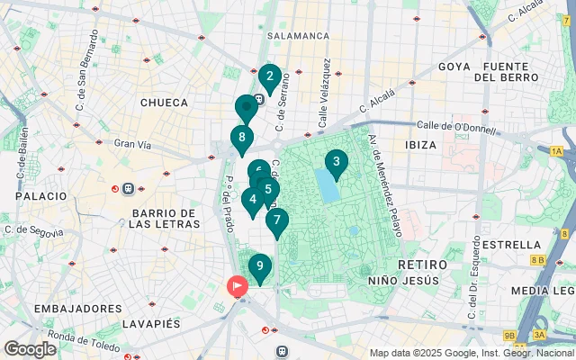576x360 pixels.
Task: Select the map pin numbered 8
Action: click(x=241, y=139)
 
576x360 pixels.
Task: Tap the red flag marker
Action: click(x=237, y=287)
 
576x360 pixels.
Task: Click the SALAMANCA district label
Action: click(x=297, y=36)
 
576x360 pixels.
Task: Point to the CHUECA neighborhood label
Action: click(x=163, y=103)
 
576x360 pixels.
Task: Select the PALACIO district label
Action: click(x=40, y=195)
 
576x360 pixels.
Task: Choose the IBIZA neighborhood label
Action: click(x=421, y=145)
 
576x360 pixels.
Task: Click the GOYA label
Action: click(x=454, y=67)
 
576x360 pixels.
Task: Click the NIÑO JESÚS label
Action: click(x=403, y=281)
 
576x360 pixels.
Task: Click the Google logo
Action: click(x=30, y=348)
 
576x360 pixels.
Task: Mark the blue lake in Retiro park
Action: click(x=328, y=187)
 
